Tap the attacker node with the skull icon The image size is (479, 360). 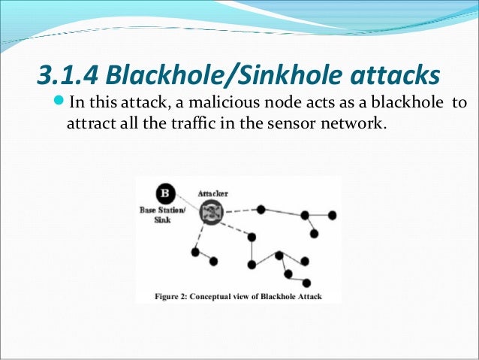211,213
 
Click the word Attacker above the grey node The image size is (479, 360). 212,193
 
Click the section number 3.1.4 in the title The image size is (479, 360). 68,76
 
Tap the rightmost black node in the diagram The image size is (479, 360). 333,214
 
